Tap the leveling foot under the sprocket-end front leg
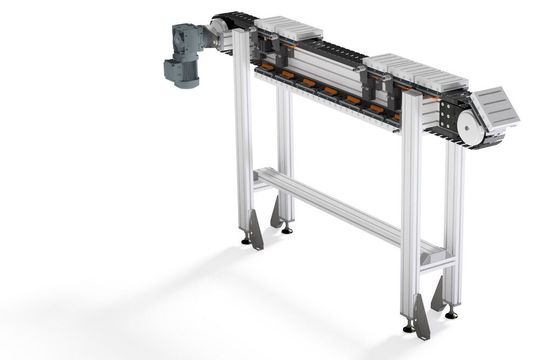pos(408,327)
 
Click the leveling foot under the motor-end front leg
pos(246,240)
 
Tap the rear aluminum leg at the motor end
pos(284,150)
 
